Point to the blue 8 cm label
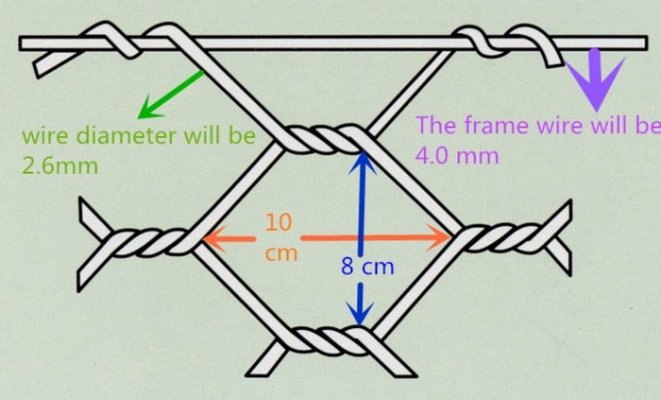pyautogui.click(x=367, y=268)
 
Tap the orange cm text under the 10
pyautogui.click(x=280, y=253)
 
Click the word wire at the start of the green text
pyautogui.click(x=42, y=135)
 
